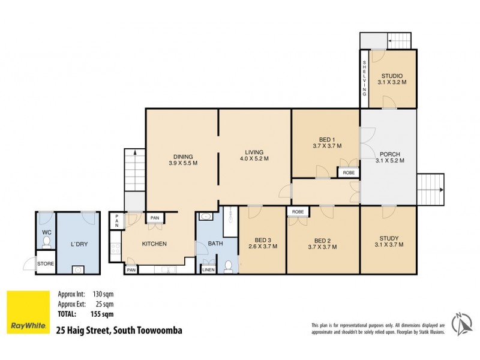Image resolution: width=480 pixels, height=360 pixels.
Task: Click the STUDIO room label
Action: pyautogui.click(x=391, y=76)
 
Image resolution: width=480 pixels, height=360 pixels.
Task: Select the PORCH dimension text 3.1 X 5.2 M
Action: pyautogui.click(x=389, y=161)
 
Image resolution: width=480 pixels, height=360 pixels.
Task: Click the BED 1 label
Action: pyautogui.click(x=327, y=137)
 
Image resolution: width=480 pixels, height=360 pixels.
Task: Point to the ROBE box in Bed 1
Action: pyautogui.click(x=349, y=173)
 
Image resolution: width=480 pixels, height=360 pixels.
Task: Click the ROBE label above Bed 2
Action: pyautogui.click(x=297, y=212)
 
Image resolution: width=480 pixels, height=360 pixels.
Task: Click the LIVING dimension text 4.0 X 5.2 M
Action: pyautogui.click(x=252, y=159)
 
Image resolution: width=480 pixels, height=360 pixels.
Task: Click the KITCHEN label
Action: pyautogui.click(x=154, y=244)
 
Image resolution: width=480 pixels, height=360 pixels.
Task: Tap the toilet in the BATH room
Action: pyautogui.click(x=228, y=266)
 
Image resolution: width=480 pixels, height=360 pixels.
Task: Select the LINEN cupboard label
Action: pyautogui.click(x=208, y=270)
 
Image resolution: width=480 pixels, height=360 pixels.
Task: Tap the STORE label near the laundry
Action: pyautogui.click(x=46, y=263)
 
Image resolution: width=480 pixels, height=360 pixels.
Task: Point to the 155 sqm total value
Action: pyautogui.click(x=103, y=313)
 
